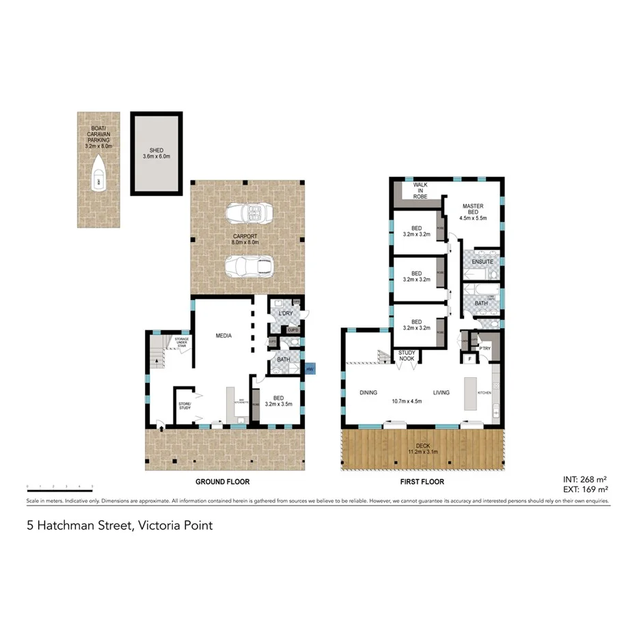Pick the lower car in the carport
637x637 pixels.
(248, 265)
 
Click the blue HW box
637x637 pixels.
(310, 369)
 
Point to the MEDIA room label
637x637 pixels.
(223, 336)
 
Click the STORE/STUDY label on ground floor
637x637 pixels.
(185, 406)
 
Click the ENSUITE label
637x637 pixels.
(483, 262)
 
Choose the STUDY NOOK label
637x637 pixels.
(407, 355)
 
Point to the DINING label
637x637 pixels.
(368, 393)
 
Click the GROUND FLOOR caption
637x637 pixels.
(222, 482)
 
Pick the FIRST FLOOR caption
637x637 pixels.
(423, 482)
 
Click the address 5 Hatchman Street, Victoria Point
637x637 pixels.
(119, 526)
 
